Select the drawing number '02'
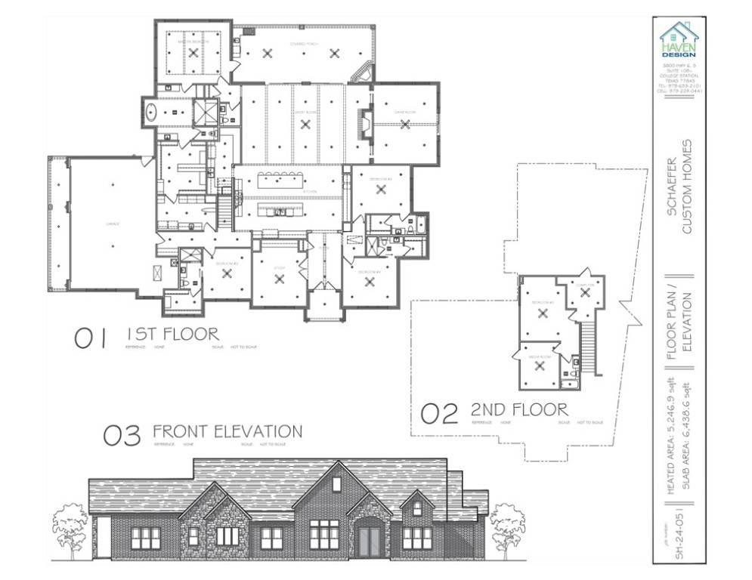point(439,413)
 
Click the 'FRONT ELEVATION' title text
point(227,431)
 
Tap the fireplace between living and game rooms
point(366,123)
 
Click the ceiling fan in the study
point(280,279)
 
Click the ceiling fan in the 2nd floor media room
point(539,366)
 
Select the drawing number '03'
point(122,436)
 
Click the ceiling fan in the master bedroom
point(193,52)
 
